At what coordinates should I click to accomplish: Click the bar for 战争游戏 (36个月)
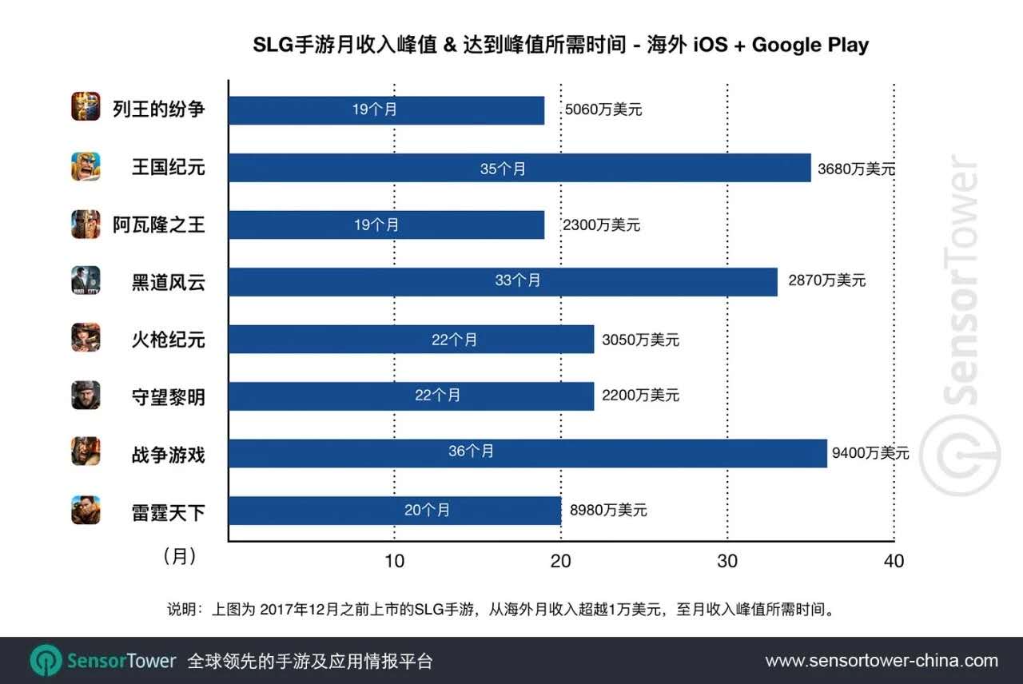tap(527, 452)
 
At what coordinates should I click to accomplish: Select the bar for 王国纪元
tap(519, 168)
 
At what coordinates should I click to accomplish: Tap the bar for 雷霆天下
tap(394, 510)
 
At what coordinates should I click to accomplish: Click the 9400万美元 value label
tap(870, 453)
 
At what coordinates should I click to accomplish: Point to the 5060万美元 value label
tap(603, 110)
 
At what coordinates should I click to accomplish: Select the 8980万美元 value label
tap(608, 510)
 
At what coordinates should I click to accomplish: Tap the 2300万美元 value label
tap(602, 225)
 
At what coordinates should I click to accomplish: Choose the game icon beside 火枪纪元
tap(86, 338)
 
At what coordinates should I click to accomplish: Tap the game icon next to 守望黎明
tap(86, 395)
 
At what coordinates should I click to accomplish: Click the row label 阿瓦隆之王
tap(158, 225)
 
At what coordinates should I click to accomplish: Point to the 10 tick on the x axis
tap(394, 561)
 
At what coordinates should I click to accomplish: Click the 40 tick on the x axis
tap(894, 561)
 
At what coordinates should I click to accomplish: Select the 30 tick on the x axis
tap(726, 561)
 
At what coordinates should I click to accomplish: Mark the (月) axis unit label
tap(179, 556)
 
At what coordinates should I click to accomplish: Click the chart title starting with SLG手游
tap(560, 45)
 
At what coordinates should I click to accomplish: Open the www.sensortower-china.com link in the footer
tap(882, 661)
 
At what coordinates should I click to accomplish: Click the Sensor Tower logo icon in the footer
tap(46, 661)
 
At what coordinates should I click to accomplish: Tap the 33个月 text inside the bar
tap(518, 281)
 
